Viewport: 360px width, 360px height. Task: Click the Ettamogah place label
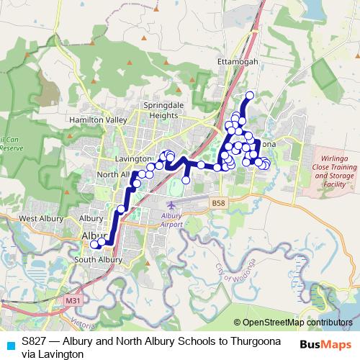coord(238,62)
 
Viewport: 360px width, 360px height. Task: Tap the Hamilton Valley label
coord(98,120)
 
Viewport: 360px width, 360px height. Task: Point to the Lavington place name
coord(132,158)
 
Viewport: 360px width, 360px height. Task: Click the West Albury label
coord(38,218)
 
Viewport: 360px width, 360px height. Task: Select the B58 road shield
coord(219,204)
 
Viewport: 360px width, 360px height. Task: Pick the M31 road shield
coord(71,300)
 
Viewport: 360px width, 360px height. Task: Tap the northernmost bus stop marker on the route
coord(250,95)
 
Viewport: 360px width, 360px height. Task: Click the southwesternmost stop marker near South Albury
coord(94,245)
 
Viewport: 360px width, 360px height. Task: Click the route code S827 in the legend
coord(35,341)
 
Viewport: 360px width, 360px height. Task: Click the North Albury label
coord(113,174)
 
